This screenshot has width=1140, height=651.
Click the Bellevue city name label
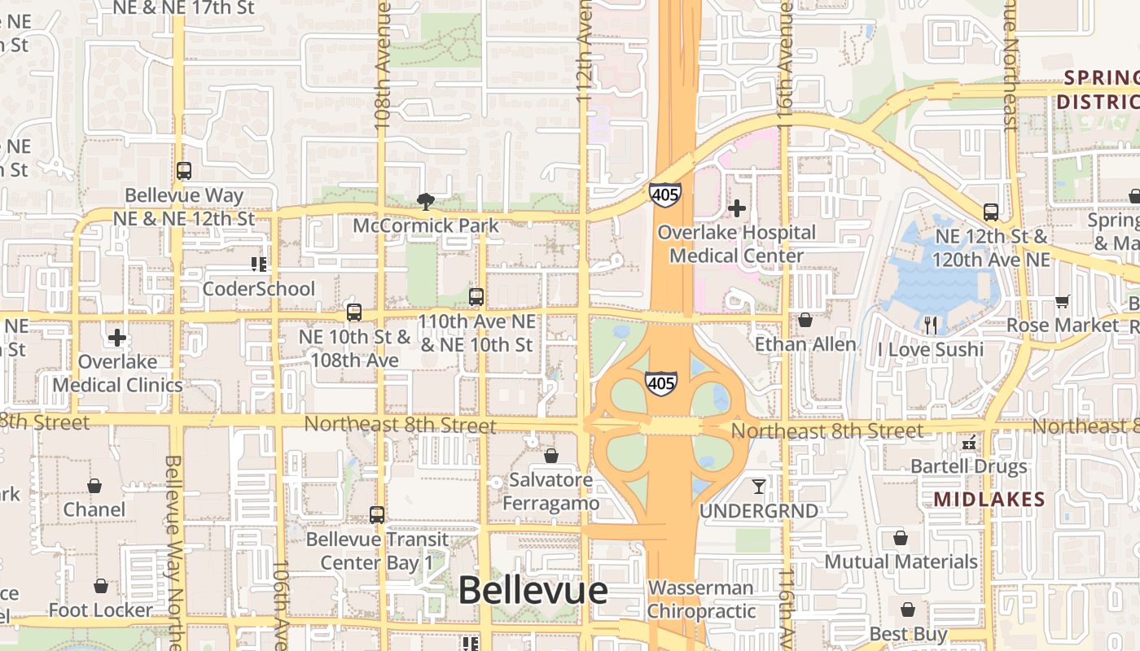[533, 591]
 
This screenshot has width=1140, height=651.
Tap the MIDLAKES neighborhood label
[989, 499]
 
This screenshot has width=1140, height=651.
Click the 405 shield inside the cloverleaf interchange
[660, 382]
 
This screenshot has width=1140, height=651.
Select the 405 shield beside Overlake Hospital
[665, 194]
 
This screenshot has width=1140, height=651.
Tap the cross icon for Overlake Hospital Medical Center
[737, 208]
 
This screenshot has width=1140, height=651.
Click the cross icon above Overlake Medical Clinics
[117, 337]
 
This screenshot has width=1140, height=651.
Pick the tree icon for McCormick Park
[424, 201]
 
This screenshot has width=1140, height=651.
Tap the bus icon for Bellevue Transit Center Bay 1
[376, 514]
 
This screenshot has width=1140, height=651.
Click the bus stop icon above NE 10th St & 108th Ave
[354, 312]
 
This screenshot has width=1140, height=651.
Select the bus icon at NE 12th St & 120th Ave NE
[991, 212]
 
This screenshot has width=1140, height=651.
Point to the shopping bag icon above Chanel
[94, 486]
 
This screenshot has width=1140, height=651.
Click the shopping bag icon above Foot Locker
[100, 586]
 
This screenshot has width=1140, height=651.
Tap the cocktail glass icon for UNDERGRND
[759, 487]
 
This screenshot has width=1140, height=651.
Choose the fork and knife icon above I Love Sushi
[931, 325]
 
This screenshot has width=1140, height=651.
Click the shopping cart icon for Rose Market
[1062, 302]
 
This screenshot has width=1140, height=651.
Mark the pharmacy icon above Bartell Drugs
[969, 443]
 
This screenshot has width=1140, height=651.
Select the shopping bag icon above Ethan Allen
[805, 321]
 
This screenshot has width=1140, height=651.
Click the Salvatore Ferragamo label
[551, 492]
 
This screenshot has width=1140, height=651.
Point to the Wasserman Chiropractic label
[702, 599]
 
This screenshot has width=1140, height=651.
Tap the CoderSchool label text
[258, 289]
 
